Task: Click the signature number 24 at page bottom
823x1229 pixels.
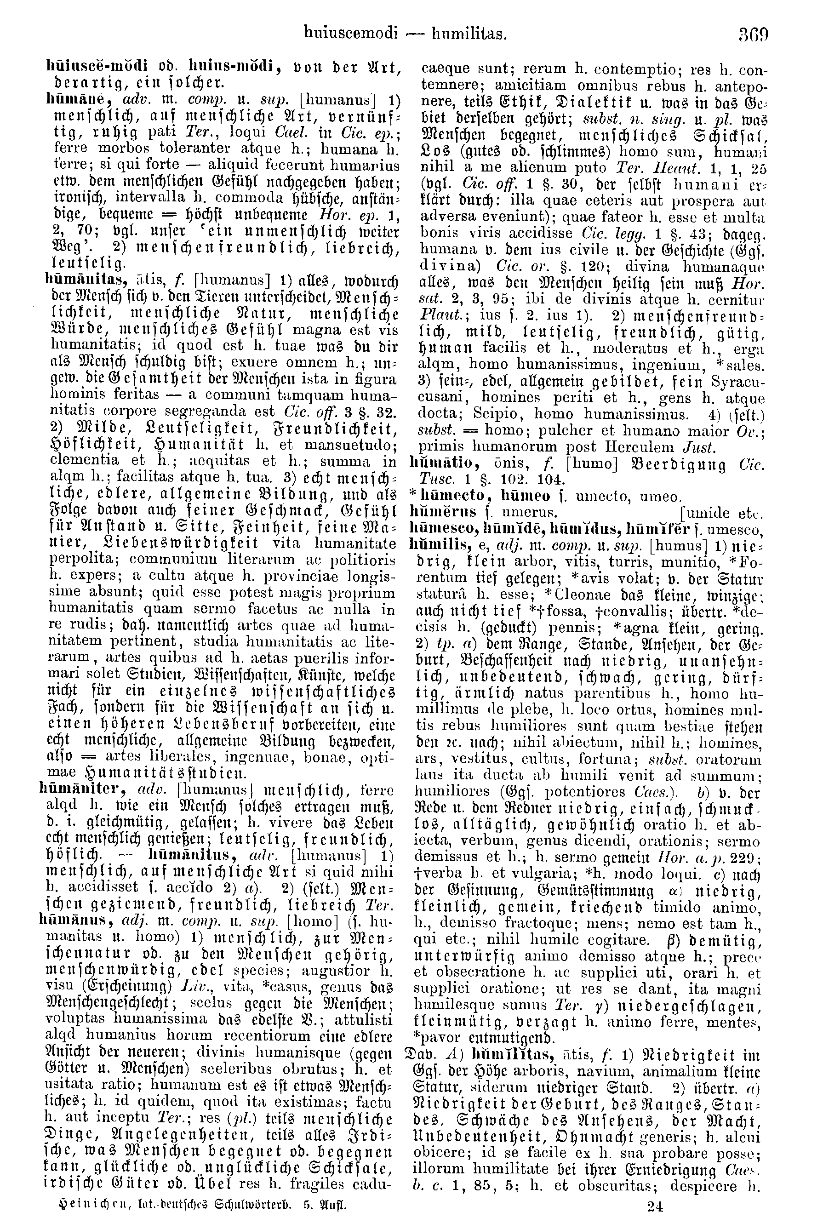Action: tap(655, 1206)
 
